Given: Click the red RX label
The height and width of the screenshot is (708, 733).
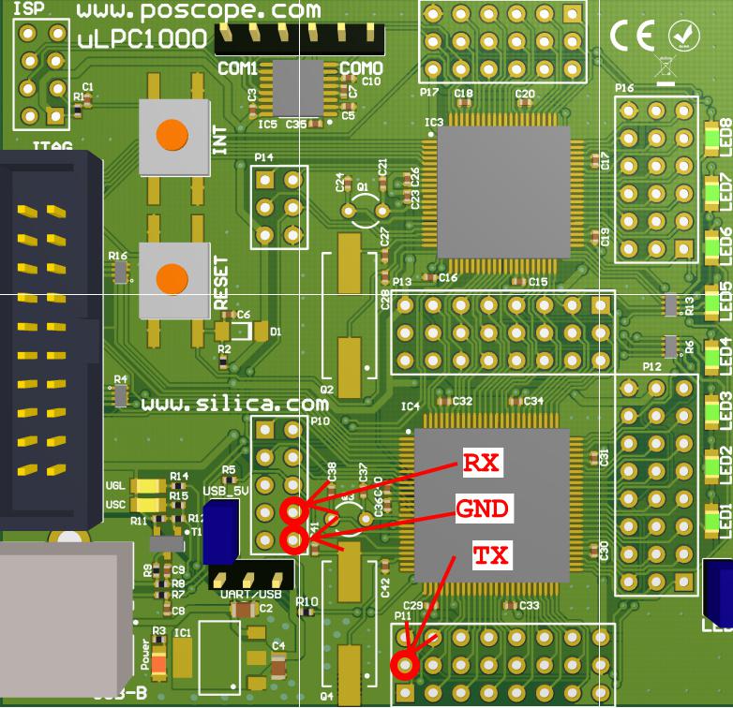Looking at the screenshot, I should [481, 463].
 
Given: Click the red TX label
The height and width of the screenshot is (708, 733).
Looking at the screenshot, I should [490, 556].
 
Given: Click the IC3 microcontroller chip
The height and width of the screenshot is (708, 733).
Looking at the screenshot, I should [503, 192].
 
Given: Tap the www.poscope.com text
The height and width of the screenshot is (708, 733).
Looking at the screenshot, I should [198, 12].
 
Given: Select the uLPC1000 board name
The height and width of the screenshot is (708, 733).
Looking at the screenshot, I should [142, 39].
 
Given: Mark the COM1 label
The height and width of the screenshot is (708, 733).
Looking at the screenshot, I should [237, 68].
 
